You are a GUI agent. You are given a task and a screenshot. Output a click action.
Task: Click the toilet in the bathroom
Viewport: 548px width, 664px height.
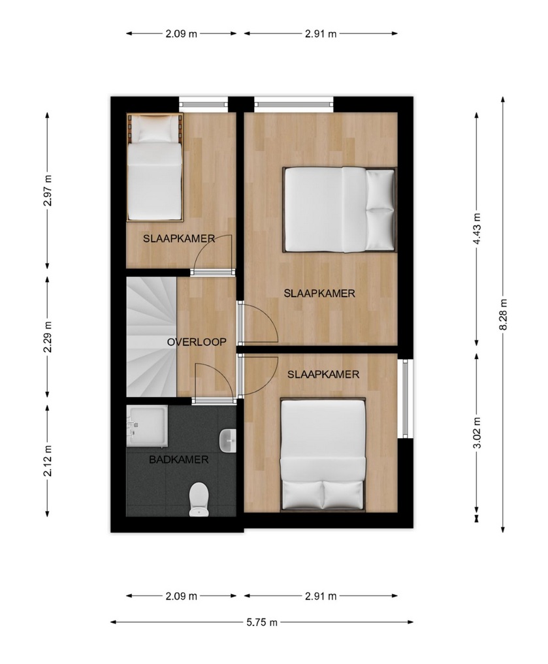click(199, 499)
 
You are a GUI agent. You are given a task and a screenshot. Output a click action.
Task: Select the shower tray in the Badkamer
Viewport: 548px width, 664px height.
click(147, 426)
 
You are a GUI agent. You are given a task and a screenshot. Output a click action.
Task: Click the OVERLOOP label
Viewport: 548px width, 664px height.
click(197, 341)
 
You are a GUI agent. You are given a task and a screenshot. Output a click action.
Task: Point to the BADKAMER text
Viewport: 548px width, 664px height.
click(179, 460)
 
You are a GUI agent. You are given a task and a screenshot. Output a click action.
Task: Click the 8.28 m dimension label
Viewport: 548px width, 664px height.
click(503, 314)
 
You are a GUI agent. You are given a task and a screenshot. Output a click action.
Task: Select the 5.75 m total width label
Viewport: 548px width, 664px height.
click(262, 622)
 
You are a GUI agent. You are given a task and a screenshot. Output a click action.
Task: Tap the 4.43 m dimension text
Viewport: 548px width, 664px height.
click(477, 229)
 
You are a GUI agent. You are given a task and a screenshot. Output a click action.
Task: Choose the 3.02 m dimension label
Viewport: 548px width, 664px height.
click(477, 432)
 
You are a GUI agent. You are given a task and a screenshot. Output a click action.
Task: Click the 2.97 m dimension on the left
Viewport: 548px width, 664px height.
click(47, 190)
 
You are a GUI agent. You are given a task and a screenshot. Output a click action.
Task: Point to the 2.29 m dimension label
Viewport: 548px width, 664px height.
click(47, 337)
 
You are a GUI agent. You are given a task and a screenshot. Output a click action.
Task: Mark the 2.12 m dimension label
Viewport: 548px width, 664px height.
click(47, 461)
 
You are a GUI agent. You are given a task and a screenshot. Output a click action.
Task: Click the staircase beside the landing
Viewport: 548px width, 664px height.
click(151, 337)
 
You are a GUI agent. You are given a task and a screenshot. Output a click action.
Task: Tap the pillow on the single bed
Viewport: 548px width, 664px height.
click(155, 129)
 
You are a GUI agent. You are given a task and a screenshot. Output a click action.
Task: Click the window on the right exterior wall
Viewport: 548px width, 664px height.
click(405, 398)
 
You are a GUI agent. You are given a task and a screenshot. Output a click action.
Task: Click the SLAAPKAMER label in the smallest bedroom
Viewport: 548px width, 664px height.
click(179, 238)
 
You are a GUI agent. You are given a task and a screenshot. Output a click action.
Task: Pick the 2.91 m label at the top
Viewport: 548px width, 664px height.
click(321, 33)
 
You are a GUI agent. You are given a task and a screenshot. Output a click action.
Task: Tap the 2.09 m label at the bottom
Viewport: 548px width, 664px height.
click(182, 596)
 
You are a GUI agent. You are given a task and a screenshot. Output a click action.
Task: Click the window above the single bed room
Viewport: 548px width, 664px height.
click(203, 103)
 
